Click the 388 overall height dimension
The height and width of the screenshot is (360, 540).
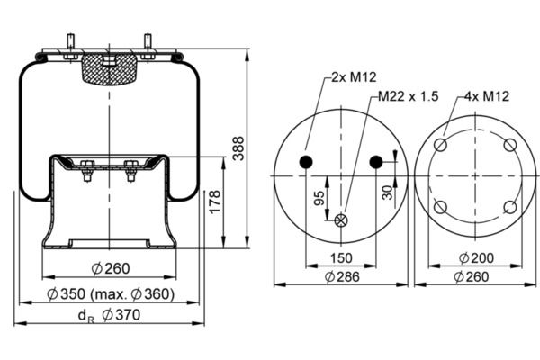[x=238, y=148]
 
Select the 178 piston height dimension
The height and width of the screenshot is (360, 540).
[x=215, y=202]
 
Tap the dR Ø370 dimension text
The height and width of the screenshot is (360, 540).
[x=110, y=315]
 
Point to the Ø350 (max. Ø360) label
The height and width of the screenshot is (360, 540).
[x=111, y=294]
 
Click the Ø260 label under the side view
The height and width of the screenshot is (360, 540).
[x=111, y=269]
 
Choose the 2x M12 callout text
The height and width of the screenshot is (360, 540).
[x=354, y=77]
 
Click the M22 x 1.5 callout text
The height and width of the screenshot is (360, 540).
[x=409, y=96]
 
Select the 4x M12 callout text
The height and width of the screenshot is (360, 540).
[x=487, y=96]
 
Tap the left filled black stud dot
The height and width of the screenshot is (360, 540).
[x=306, y=162]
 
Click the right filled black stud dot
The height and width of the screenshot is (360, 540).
[x=376, y=162]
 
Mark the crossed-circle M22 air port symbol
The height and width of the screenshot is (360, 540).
[x=341, y=220]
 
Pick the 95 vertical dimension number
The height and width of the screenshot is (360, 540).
[x=319, y=198]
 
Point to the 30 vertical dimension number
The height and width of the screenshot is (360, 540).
[x=387, y=193]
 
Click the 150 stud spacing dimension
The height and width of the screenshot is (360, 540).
[x=341, y=258]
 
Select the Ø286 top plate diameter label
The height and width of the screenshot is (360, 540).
[x=342, y=276]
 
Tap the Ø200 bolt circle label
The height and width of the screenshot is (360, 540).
[x=477, y=258]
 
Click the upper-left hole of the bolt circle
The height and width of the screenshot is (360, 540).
[x=440, y=145]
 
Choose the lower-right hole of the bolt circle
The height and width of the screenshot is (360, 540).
[x=510, y=207]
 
